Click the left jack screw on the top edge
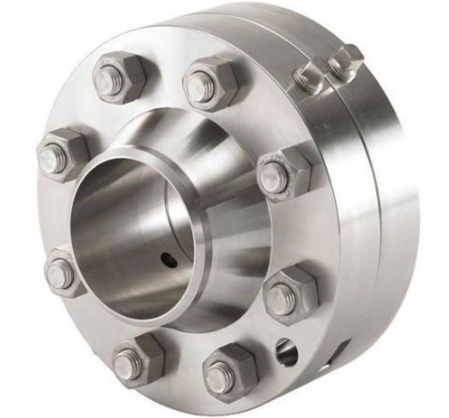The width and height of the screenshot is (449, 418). [308, 77]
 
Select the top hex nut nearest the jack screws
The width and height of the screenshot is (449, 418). [210, 83]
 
